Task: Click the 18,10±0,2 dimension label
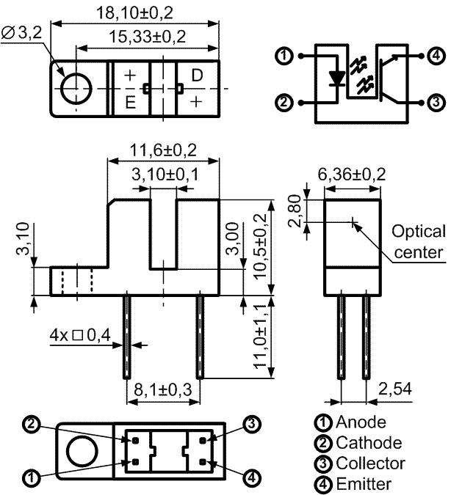tap(134, 13)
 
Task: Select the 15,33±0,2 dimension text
tap(148, 37)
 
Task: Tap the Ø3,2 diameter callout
tap(21, 32)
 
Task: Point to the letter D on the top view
tap(197, 76)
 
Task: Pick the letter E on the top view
tap(131, 102)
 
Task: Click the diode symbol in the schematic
tap(336, 79)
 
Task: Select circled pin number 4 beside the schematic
tap(436, 56)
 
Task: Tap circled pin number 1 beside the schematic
tap(284, 56)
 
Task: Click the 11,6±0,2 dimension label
tap(163, 150)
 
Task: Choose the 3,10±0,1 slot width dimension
tap(165, 175)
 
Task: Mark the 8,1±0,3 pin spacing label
tap(163, 389)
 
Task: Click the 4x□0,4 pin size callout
tap(80, 335)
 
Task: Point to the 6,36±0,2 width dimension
tap(352, 175)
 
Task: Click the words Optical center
tap(419, 242)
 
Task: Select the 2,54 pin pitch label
tap(395, 389)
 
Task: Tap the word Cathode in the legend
tap(369, 443)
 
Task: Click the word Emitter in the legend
tap(364, 484)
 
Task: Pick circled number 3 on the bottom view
tap(252, 424)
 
